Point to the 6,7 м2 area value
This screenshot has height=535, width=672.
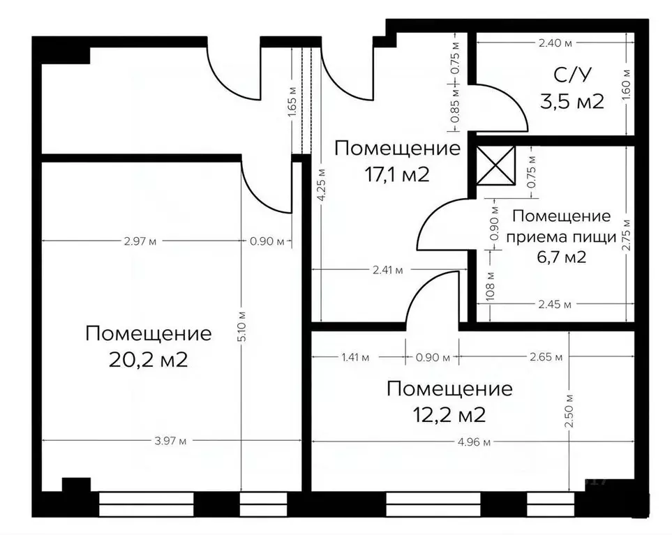point(561,257)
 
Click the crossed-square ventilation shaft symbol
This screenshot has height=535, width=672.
point(495,166)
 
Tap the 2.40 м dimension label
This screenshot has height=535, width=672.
point(556,43)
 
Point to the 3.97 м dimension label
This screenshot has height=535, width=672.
point(172,441)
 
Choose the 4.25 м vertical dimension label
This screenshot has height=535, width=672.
point(320,186)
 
